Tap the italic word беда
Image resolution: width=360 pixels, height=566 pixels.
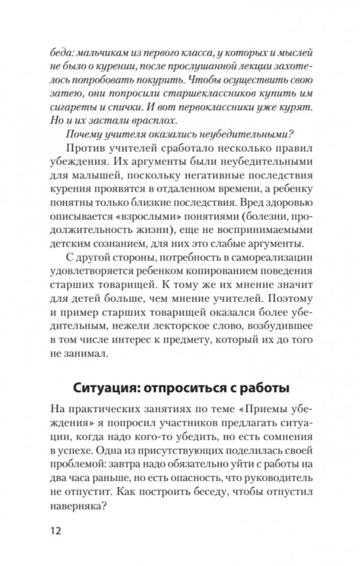point(63,54)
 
